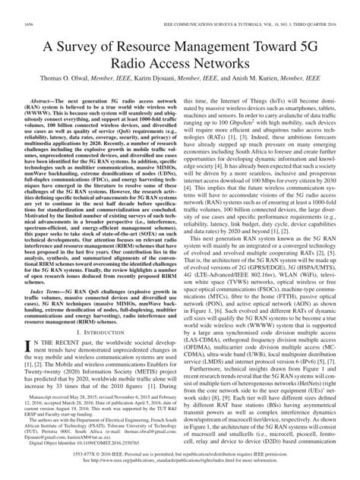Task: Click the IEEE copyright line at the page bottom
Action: (x=180, y=462)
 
